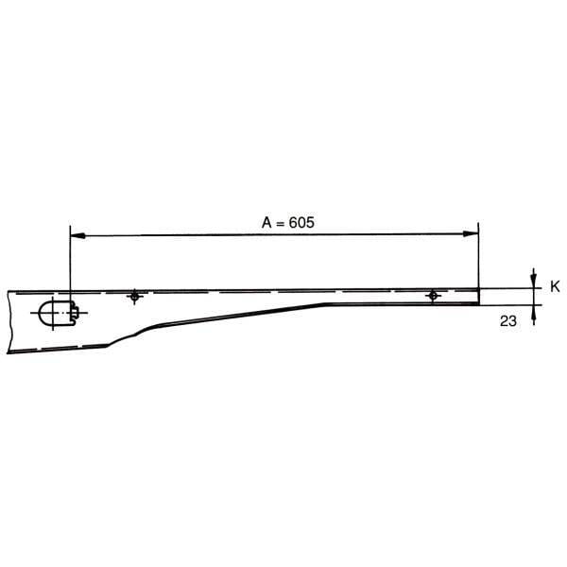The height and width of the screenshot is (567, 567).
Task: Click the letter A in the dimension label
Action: click(x=266, y=223)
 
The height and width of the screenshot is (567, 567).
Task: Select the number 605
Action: click(x=301, y=223)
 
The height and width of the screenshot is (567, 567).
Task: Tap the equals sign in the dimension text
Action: click(x=281, y=224)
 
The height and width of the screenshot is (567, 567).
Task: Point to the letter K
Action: click(x=555, y=286)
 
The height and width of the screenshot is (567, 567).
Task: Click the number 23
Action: click(x=508, y=321)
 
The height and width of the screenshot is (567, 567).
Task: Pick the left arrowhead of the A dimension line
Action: click(x=77, y=235)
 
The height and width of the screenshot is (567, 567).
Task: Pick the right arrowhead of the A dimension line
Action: click(x=471, y=234)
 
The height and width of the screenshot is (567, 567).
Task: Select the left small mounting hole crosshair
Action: click(x=134, y=297)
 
